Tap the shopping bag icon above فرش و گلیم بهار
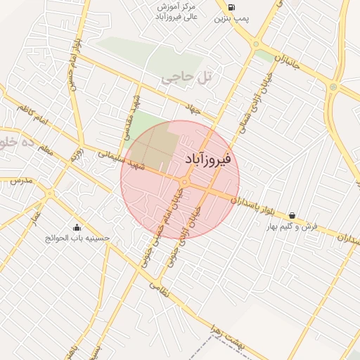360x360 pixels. [292, 216]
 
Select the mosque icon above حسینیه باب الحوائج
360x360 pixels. [77, 227]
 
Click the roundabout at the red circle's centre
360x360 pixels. [184, 182]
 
